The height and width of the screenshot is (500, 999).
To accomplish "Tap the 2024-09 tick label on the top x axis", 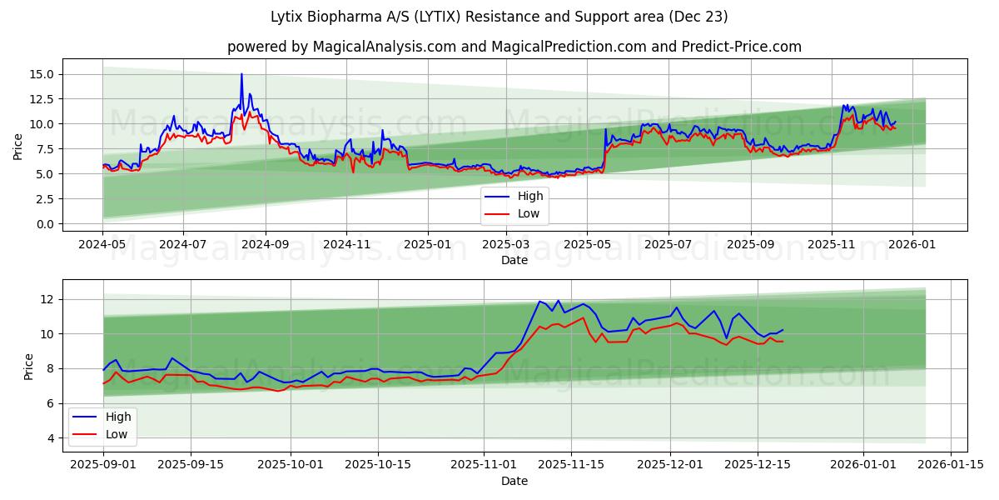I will click(266, 244).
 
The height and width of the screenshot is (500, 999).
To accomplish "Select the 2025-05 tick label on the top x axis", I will click(587, 244).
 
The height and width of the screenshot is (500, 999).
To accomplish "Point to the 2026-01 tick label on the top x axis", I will click(912, 244).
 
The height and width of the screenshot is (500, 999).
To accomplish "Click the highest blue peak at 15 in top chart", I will click(241, 74).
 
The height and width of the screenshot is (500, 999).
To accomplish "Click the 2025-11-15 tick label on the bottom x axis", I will click(571, 465).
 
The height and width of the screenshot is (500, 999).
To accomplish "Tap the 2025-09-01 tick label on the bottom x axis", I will click(103, 465).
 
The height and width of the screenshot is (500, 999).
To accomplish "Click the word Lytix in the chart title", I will click(287, 17).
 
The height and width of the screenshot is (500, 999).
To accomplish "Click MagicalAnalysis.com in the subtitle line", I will click(384, 47).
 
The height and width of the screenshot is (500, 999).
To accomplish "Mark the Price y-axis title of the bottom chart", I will click(29, 366).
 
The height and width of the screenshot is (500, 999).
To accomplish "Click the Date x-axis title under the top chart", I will click(514, 260).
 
